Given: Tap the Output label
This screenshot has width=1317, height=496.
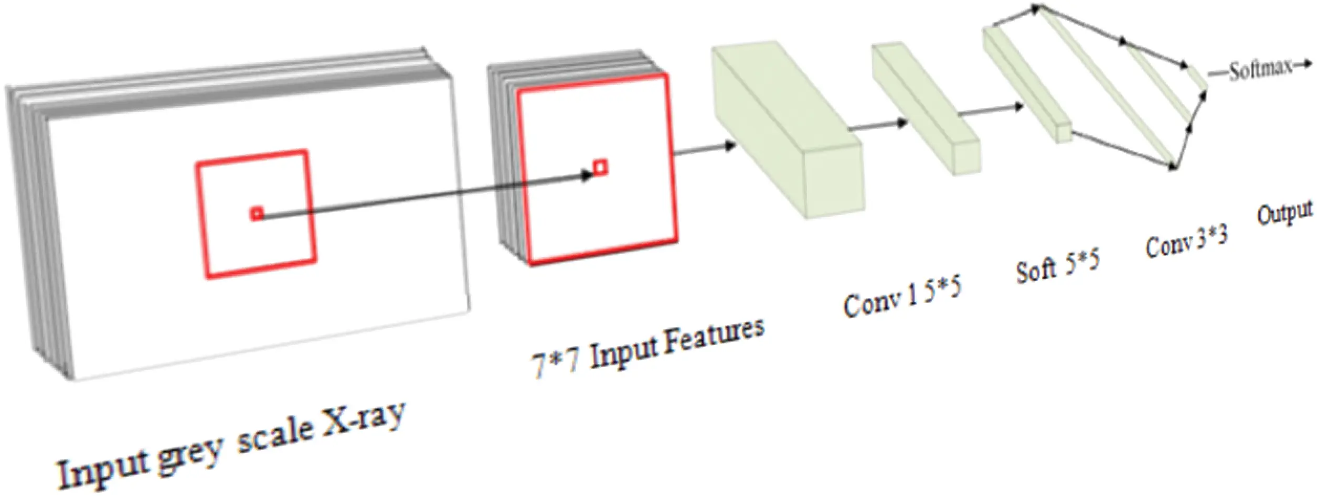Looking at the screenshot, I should [x=1284, y=213].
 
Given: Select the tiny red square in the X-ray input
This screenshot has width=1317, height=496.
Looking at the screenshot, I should [x=257, y=213].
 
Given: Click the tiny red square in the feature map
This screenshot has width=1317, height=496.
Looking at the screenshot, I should [x=600, y=167].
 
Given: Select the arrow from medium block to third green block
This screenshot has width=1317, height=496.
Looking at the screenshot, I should [x=992, y=110].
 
